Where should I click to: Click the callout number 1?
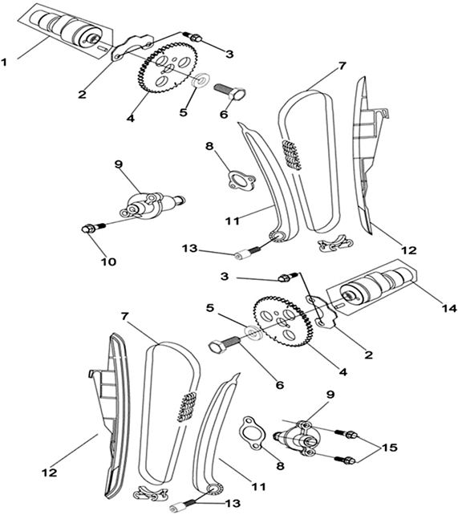[4, 62]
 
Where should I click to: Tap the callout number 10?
[108, 262]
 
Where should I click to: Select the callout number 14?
[449, 308]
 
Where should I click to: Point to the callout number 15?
[389, 448]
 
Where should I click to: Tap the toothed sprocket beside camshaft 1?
[168, 70]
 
